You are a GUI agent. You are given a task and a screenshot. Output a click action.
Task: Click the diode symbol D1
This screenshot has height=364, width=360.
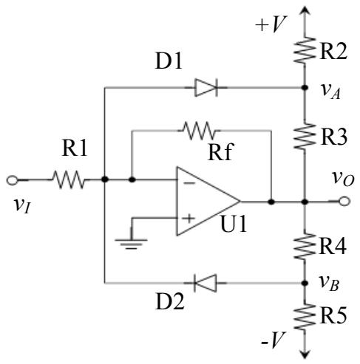(x=206, y=87)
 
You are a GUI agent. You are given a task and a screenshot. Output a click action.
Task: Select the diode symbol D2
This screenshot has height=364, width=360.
(x=206, y=283)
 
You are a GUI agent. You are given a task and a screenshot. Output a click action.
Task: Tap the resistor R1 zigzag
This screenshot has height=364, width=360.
(x=69, y=179)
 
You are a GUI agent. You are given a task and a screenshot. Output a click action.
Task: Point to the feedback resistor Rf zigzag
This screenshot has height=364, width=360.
(x=199, y=131)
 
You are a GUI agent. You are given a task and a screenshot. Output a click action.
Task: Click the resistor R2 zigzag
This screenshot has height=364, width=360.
(x=305, y=50)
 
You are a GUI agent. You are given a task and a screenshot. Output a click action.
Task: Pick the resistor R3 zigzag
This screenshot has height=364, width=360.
(x=305, y=136)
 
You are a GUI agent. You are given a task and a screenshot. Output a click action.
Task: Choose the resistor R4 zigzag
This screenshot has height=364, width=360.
(x=305, y=246)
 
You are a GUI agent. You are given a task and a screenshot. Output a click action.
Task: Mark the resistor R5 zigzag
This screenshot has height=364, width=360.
(x=305, y=317)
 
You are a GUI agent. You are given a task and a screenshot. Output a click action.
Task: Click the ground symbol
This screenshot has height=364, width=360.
(x=132, y=244)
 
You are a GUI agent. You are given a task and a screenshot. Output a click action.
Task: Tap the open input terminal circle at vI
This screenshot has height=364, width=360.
(x=12, y=180)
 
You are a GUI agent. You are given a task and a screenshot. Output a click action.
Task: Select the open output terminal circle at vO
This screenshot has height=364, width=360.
(x=344, y=202)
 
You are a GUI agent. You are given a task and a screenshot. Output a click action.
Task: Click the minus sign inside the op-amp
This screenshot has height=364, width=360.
(x=189, y=183)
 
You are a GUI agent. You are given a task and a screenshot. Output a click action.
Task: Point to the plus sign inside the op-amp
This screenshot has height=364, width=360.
(x=189, y=219)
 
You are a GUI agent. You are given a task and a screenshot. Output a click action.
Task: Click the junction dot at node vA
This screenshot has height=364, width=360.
(x=305, y=87)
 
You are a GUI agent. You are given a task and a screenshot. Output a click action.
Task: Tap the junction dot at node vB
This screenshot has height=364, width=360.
(x=305, y=284)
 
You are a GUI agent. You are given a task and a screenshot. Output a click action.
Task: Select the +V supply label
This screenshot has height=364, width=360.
(x=271, y=24)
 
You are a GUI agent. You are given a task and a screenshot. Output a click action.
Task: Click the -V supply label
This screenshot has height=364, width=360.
(x=273, y=340)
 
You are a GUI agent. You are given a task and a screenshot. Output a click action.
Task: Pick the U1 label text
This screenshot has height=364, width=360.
(x=234, y=224)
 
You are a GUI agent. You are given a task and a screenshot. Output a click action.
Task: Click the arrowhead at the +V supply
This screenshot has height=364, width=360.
(x=305, y=10)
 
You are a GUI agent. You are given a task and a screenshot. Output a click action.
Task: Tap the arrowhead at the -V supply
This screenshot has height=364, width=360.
(x=305, y=354)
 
